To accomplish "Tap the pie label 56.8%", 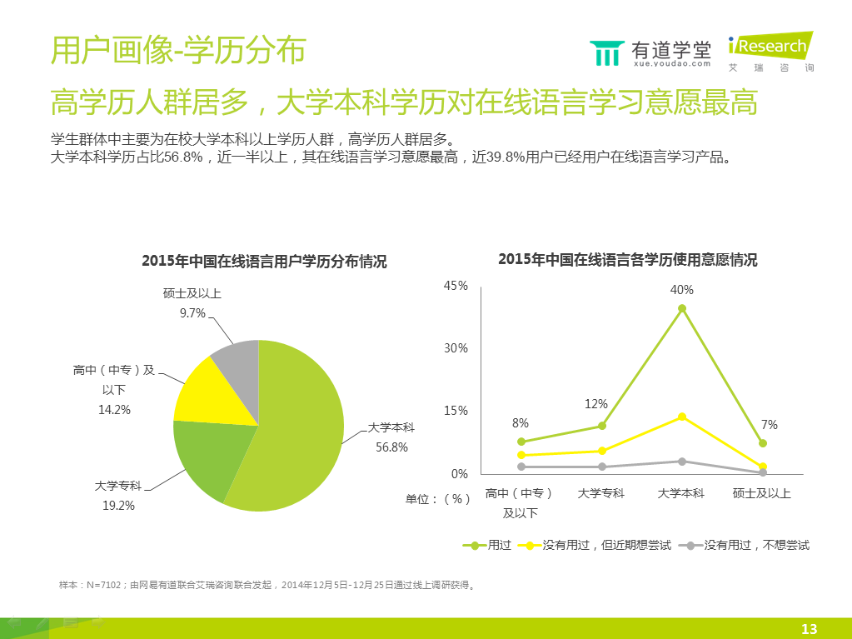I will tap(391, 447).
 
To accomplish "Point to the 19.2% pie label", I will tap(117, 505).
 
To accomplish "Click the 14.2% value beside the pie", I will tap(114, 409).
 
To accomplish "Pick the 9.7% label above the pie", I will tap(192, 312).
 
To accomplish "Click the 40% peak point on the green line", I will tap(682, 308).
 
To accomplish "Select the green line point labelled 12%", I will tap(602, 426).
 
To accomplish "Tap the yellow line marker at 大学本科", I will tap(682, 417).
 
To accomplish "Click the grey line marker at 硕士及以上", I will tap(762, 472).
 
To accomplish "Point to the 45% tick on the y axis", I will tap(456, 286).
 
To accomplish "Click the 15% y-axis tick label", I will tap(456, 411).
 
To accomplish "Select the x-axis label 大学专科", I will tap(601, 493).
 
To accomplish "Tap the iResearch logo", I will tap(770, 52).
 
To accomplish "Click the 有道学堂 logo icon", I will tap(605, 52).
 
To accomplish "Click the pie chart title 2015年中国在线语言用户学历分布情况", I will tap(264, 262).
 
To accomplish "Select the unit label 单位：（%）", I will tap(438, 498).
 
